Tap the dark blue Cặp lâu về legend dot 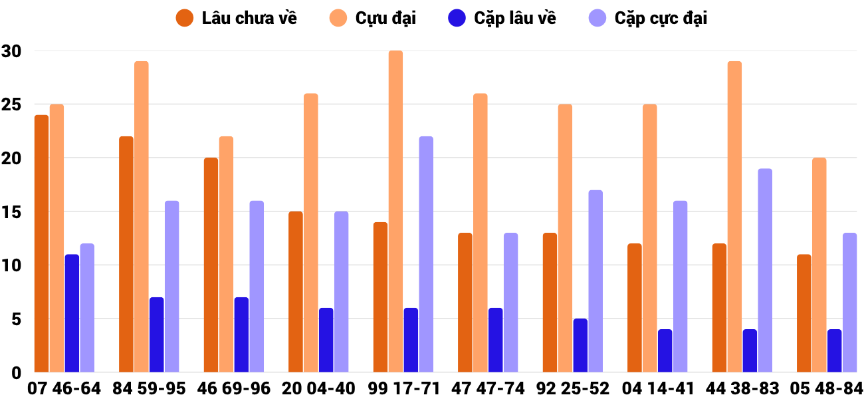[x=456, y=18]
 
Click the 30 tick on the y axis [x=11, y=51]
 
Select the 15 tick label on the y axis [x=11, y=212]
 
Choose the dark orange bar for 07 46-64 [x=42, y=243]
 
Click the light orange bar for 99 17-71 [x=395, y=211]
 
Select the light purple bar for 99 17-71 [x=426, y=254]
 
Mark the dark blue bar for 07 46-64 [x=72, y=313]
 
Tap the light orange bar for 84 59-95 [x=142, y=217]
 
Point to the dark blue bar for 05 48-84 [x=835, y=350]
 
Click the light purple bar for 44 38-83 [x=765, y=270]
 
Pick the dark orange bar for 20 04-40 [x=296, y=292]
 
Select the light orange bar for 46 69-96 [x=226, y=254]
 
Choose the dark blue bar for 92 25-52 [x=581, y=345]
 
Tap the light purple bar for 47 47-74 [x=510, y=303]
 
